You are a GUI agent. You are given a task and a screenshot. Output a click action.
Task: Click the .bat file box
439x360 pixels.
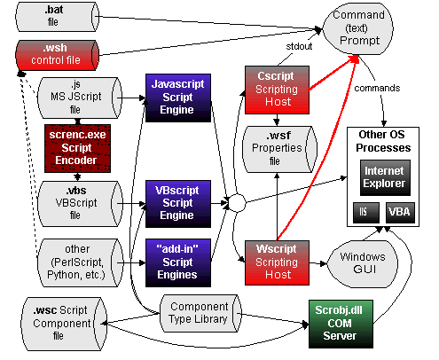53,15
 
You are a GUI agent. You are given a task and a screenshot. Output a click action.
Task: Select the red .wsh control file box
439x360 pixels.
53,54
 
